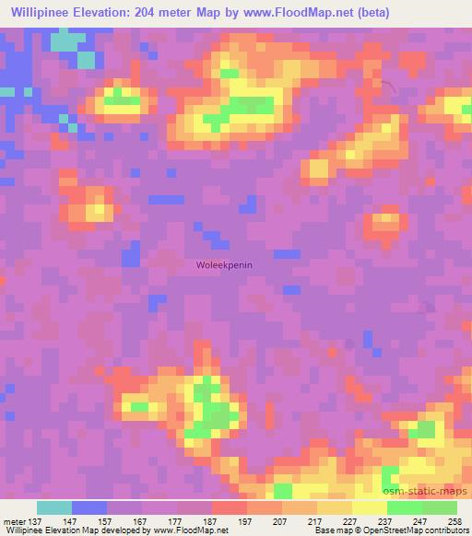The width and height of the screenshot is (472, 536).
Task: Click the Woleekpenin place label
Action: [x=225, y=264]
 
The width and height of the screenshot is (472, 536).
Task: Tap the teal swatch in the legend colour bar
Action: [x=53, y=507]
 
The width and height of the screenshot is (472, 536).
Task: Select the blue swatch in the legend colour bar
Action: [x=88, y=507]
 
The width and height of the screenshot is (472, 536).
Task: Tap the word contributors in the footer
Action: [x=445, y=530]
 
